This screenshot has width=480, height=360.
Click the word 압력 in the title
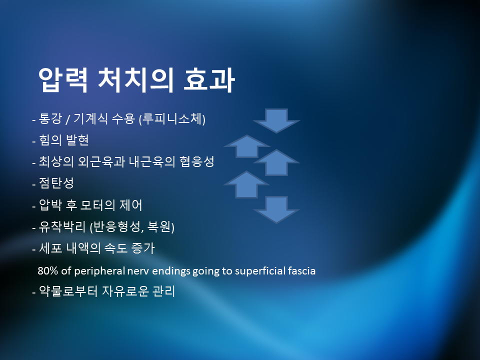[x=63, y=79]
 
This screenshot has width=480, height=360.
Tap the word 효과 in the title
[x=209, y=79]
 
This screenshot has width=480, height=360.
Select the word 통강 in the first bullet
[x=50, y=118]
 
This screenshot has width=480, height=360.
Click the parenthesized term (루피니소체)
[x=172, y=118]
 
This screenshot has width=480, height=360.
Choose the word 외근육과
[x=101, y=161]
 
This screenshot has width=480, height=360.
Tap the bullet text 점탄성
[x=56, y=183]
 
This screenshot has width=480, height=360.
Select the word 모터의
[x=97, y=205]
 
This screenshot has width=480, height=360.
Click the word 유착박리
[x=62, y=226]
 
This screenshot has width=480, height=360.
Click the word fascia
[x=301, y=271]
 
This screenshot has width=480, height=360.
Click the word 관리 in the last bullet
[x=163, y=291]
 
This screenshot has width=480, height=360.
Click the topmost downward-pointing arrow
[x=276, y=120]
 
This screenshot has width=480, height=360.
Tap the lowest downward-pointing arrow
[x=276, y=209]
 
